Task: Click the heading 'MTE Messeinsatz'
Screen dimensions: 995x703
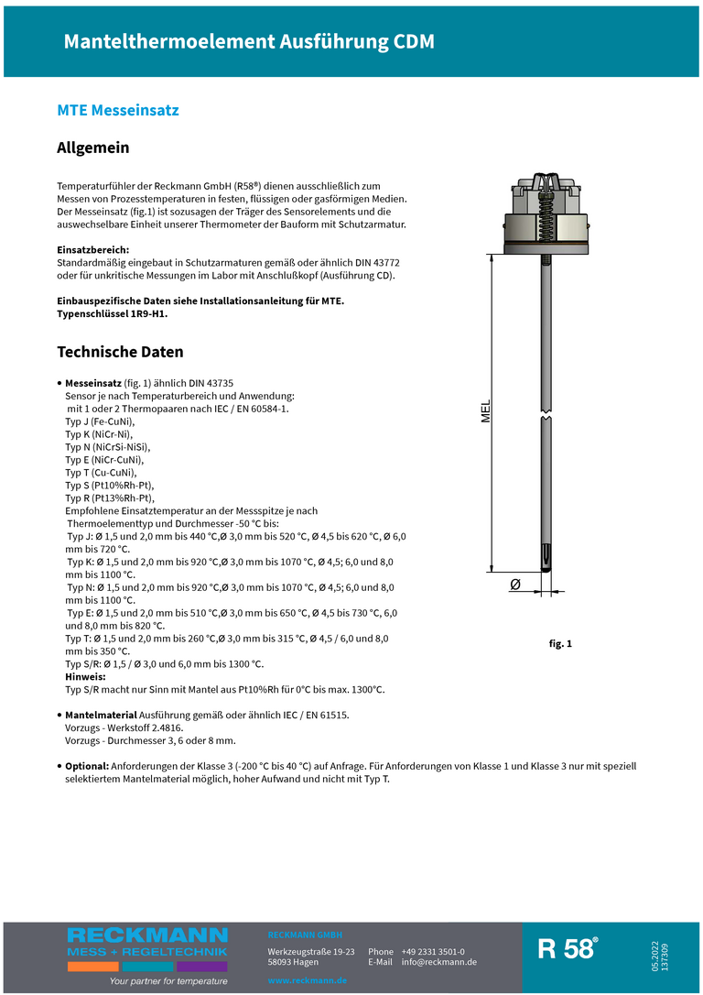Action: (x=118, y=111)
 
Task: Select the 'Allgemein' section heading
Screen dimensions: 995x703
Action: (x=93, y=148)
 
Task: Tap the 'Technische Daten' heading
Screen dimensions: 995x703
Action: (x=120, y=352)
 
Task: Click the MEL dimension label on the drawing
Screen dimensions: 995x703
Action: (x=486, y=411)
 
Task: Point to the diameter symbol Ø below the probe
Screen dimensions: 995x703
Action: (x=514, y=585)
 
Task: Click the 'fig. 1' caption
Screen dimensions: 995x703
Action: (x=559, y=644)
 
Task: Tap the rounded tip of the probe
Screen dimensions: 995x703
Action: (x=546, y=569)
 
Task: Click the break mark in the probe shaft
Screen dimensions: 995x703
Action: (x=546, y=416)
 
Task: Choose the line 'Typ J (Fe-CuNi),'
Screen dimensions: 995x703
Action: (x=100, y=421)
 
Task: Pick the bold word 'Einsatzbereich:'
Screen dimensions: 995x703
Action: (x=92, y=249)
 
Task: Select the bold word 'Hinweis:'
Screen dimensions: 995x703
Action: (x=86, y=676)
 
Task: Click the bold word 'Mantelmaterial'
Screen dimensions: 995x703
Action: (x=101, y=715)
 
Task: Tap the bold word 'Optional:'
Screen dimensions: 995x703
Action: (x=87, y=765)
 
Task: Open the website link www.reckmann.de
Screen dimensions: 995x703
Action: (x=307, y=980)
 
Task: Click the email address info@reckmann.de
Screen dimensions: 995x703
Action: (x=438, y=962)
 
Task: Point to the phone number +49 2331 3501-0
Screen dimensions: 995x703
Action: (x=432, y=952)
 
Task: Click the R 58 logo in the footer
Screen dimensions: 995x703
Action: (x=567, y=949)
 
